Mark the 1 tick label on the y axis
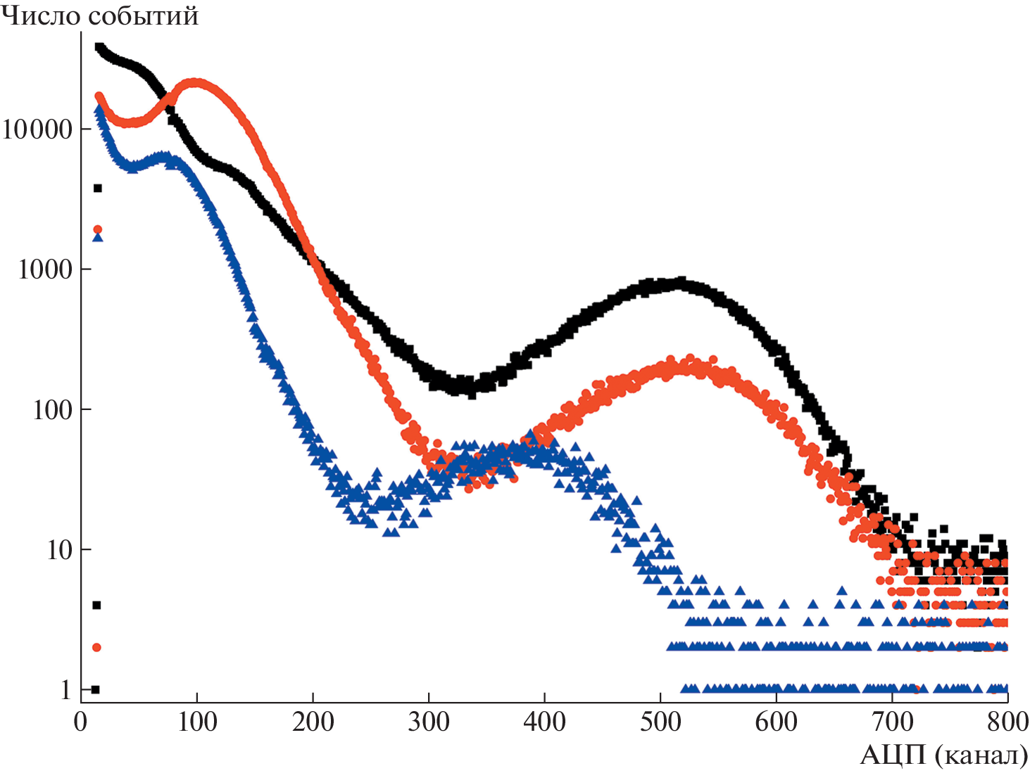click(x=67, y=690)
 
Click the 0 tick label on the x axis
click(x=81, y=722)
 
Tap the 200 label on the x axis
click(x=313, y=722)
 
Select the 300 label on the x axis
click(x=429, y=722)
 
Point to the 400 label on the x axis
click(x=544, y=722)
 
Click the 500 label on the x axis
click(x=660, y=722)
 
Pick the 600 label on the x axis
click(x=776, y=722)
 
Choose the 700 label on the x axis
click(x=892, y=722)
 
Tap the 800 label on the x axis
click(x=1007, y=722)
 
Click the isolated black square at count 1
click(x=96, y=689)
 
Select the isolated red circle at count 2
click(x=97, y=647)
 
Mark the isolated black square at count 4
click(x=97, y=605)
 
